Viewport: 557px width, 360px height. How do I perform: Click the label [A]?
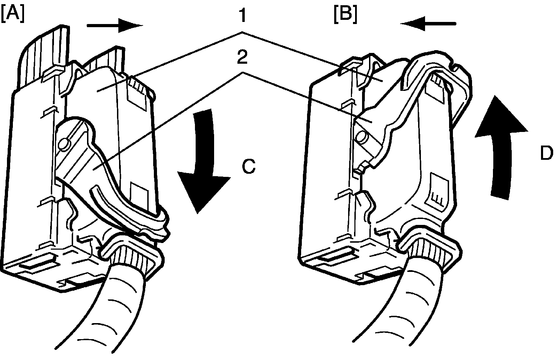[x=13, y=14]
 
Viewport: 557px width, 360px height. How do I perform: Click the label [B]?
[x=345, y=14]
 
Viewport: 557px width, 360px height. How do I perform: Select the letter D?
[x=547, y=153]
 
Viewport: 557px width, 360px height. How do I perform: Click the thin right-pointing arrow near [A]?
[x=115, y=25]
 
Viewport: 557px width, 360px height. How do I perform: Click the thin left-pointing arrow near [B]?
[x=428, y=23]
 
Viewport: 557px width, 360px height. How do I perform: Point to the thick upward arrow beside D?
[x=501, y=146]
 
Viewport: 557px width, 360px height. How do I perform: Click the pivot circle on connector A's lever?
[x=64, y=143]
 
